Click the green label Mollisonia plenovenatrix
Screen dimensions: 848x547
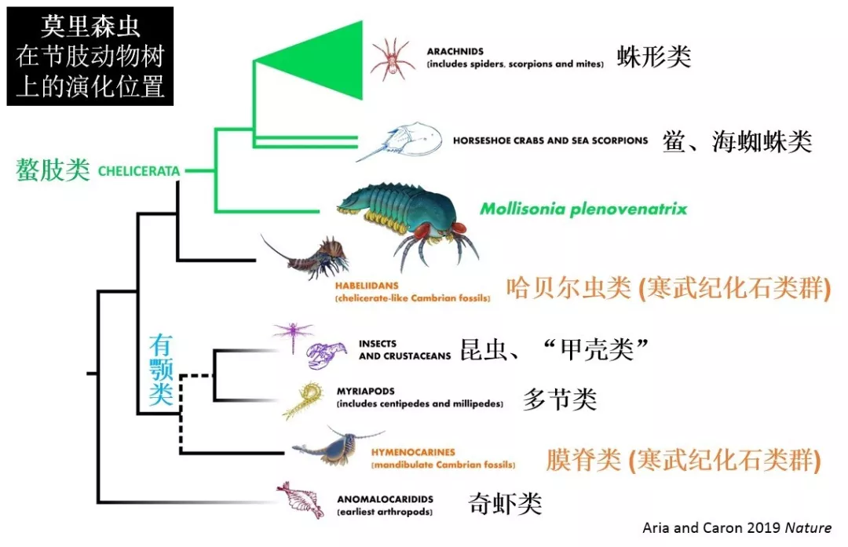pyautogui.click(x=583, y=209)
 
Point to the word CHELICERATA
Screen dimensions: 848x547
pyautogui.click(x=139, y=171)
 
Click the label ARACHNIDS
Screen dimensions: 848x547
pyautogui.click(x=455, y=51)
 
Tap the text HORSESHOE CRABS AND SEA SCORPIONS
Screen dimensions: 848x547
pyautogui.click(x=550, y=140)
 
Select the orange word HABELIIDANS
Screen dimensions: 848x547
pyautogui.click(x=367, y=286)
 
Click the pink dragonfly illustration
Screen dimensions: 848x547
pyautogui.click(x=293, y=335)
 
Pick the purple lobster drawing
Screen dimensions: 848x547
pyautogui.click(x=326, y=355)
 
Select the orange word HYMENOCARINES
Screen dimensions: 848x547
pyautogui.click(x=413, y=452)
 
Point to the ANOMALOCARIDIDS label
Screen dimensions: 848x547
pyautogui.click(x=385, y=499)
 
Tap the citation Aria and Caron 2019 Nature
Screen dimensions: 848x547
pyautogui.click(x=737, y=527)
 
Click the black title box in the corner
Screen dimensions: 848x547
pyautogui.click(x=90, y=57)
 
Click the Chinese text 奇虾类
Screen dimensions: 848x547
pyautogui.click(x=505, y=503)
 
